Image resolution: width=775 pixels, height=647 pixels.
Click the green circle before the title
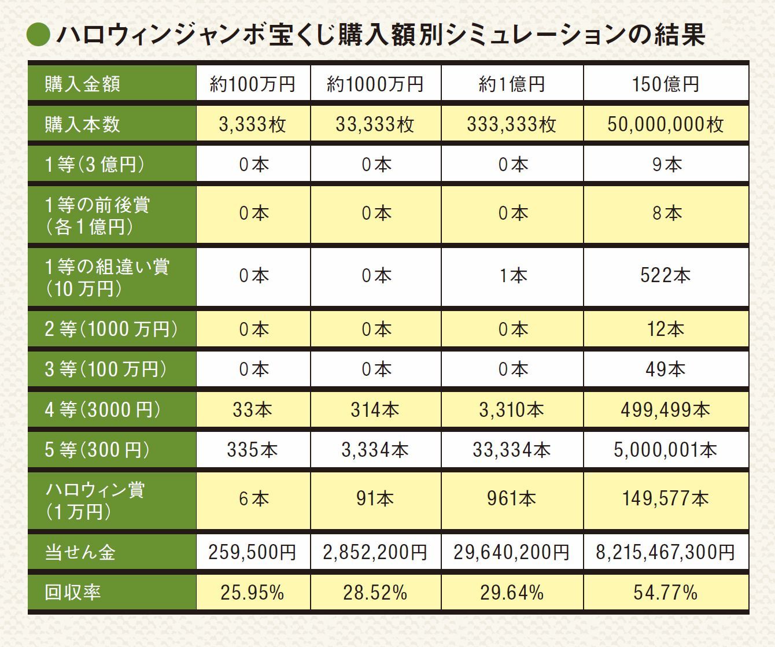(x=39, y=35)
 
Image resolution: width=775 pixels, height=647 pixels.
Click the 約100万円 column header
(x=253, y=84)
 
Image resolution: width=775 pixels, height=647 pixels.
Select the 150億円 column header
(x=665, y=84)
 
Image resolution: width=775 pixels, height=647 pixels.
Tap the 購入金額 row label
(x=83, y=84)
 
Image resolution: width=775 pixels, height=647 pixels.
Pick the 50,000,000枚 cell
(x=665, y=124)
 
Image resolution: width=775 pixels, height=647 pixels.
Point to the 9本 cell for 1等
(x=666, y=165)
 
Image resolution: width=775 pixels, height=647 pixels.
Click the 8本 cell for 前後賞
(x=666, y=213)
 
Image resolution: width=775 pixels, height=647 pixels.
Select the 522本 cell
(x=665, y=275)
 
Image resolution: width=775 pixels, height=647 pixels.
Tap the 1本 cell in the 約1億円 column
(x=512, y=275)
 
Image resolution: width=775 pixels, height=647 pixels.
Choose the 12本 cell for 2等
(x=665, y=329)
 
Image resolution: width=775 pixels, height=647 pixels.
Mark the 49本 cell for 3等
(x=665, y=369)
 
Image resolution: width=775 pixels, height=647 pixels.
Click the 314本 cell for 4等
(x=375, y=410)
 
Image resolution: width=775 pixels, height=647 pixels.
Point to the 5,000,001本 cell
(x=665, y=450)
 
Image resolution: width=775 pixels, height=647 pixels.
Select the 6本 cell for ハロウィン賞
(x=253, y=498)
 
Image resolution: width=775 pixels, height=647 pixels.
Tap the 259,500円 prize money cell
(x=252, y=552)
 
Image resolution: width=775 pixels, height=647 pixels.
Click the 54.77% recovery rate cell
(x=665, y=593)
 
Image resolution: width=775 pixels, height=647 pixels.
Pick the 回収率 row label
(x=73, y=593)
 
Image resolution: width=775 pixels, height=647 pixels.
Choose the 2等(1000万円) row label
(x=111, y=329)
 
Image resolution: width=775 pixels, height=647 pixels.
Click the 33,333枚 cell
(x=375, y=124)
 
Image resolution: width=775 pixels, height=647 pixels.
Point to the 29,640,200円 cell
(x=511, y=552)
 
